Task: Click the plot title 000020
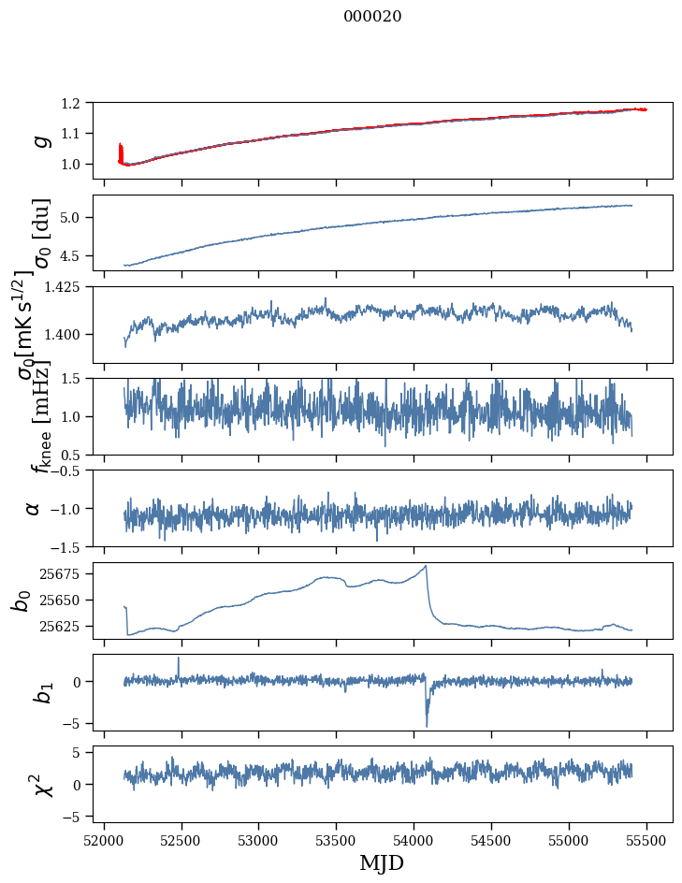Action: pyautogui.click(x=372, y=16)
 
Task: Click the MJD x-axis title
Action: pyautogui.click(x=382, y=862)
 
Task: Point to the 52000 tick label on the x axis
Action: pyautogui.click(x=104, y=840)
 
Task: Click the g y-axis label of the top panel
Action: pyautogui.click(x=39, y=140)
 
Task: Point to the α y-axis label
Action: pyautogui.click(x=34, y=508)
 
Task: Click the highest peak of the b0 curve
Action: pyautogui.click(x=426, y=566)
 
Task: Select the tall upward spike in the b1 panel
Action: pyautogui.click(x=179, y=659)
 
